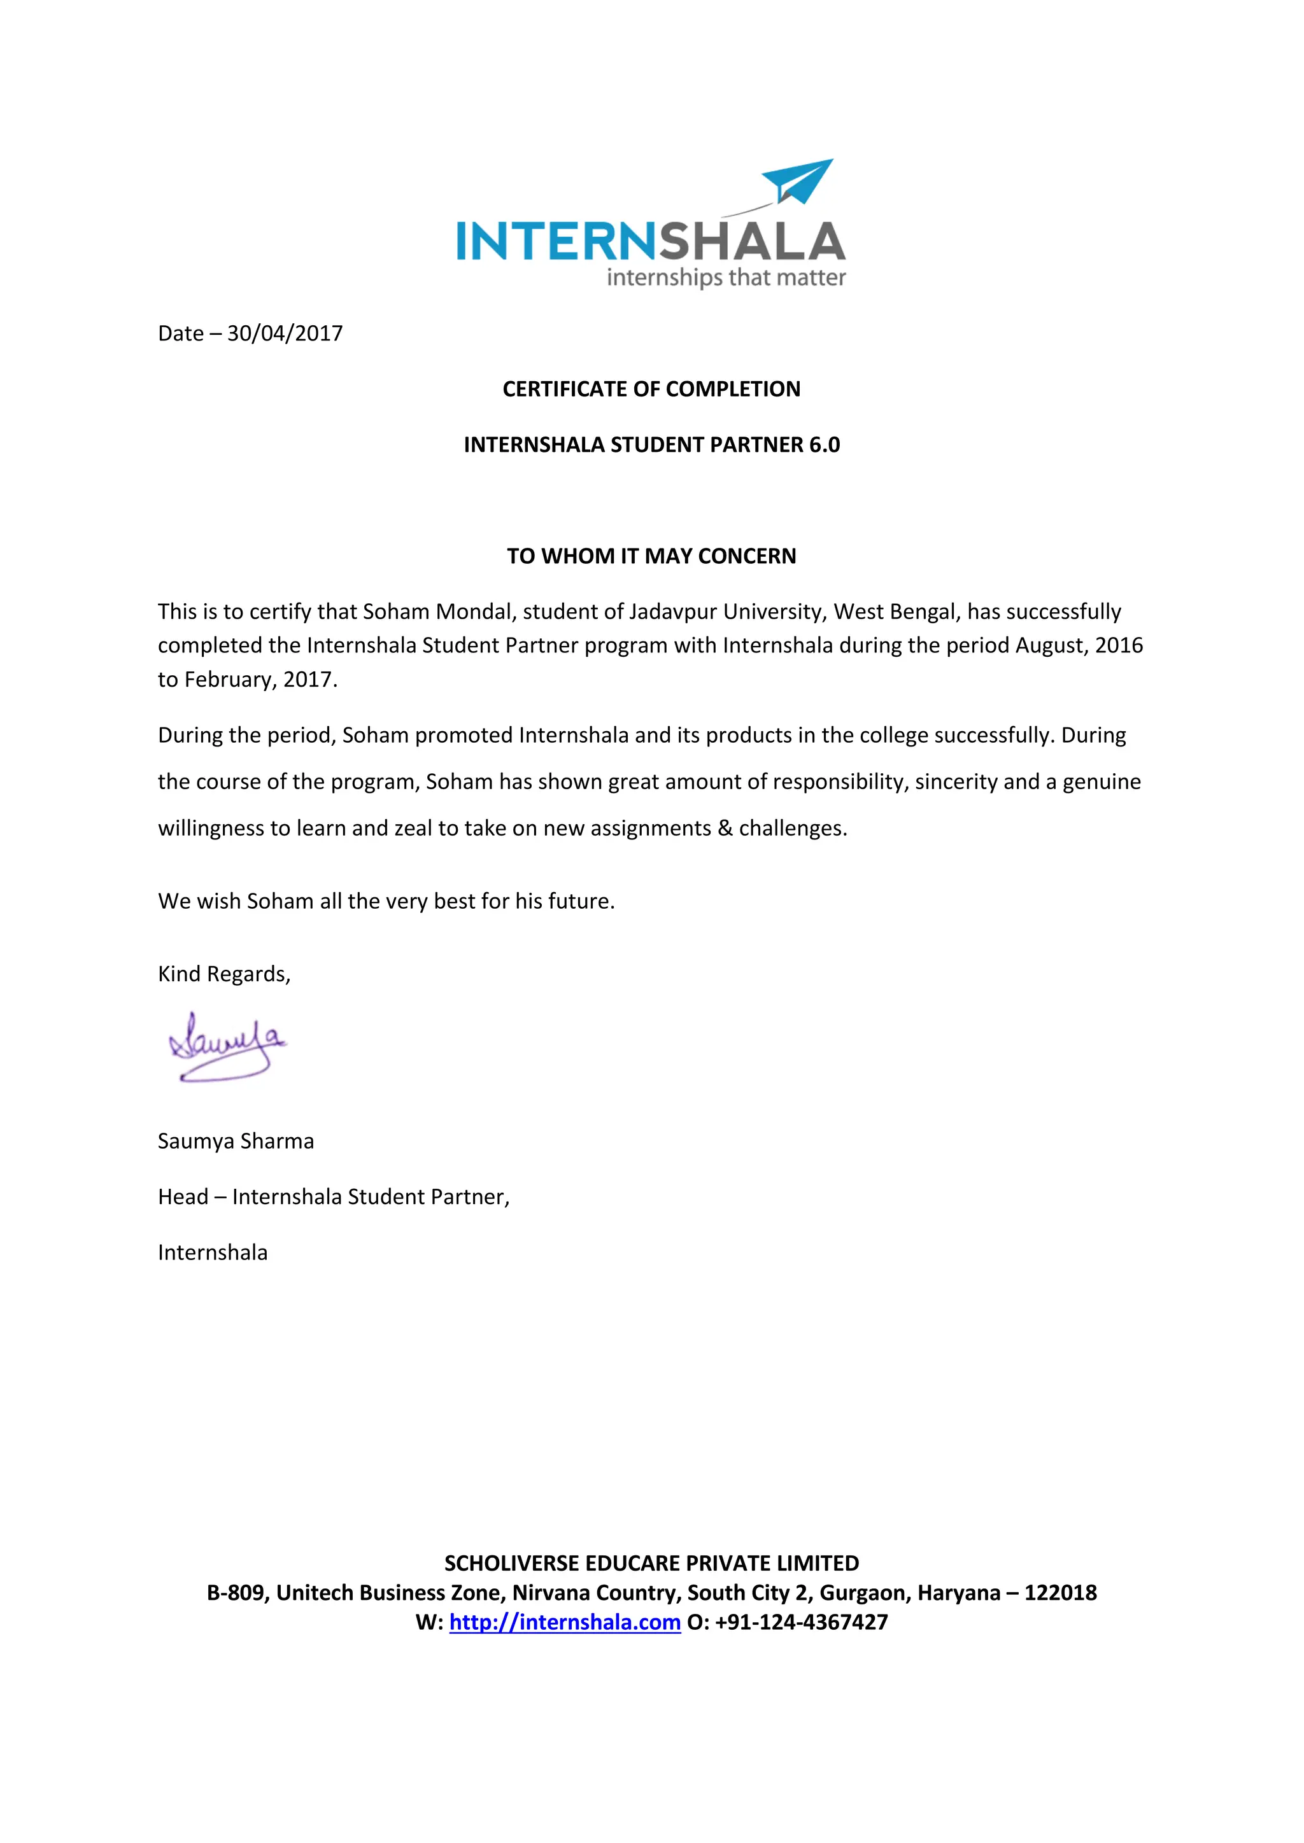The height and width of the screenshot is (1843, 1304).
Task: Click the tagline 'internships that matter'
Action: click(x=726, y=277)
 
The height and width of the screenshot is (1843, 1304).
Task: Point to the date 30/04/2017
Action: click(x=285, y=333)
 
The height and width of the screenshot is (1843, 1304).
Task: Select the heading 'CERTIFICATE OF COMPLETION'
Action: click(x=651, y=389)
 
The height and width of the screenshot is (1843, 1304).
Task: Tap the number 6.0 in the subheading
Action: click(x=824, y=445)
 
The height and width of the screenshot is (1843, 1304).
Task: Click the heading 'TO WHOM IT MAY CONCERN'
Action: click(x=651, y=556)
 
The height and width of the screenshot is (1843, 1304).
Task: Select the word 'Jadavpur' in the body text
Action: click(x=672, y=612)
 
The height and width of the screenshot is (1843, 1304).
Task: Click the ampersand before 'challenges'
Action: click(x=725, y=829)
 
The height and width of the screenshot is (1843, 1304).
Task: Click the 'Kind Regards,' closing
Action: click(x=224, y=974)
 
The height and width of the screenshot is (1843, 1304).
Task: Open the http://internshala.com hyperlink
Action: click(x=565, y=1622)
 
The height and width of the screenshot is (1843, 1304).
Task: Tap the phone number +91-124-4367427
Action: click(x=802, y=1622)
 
